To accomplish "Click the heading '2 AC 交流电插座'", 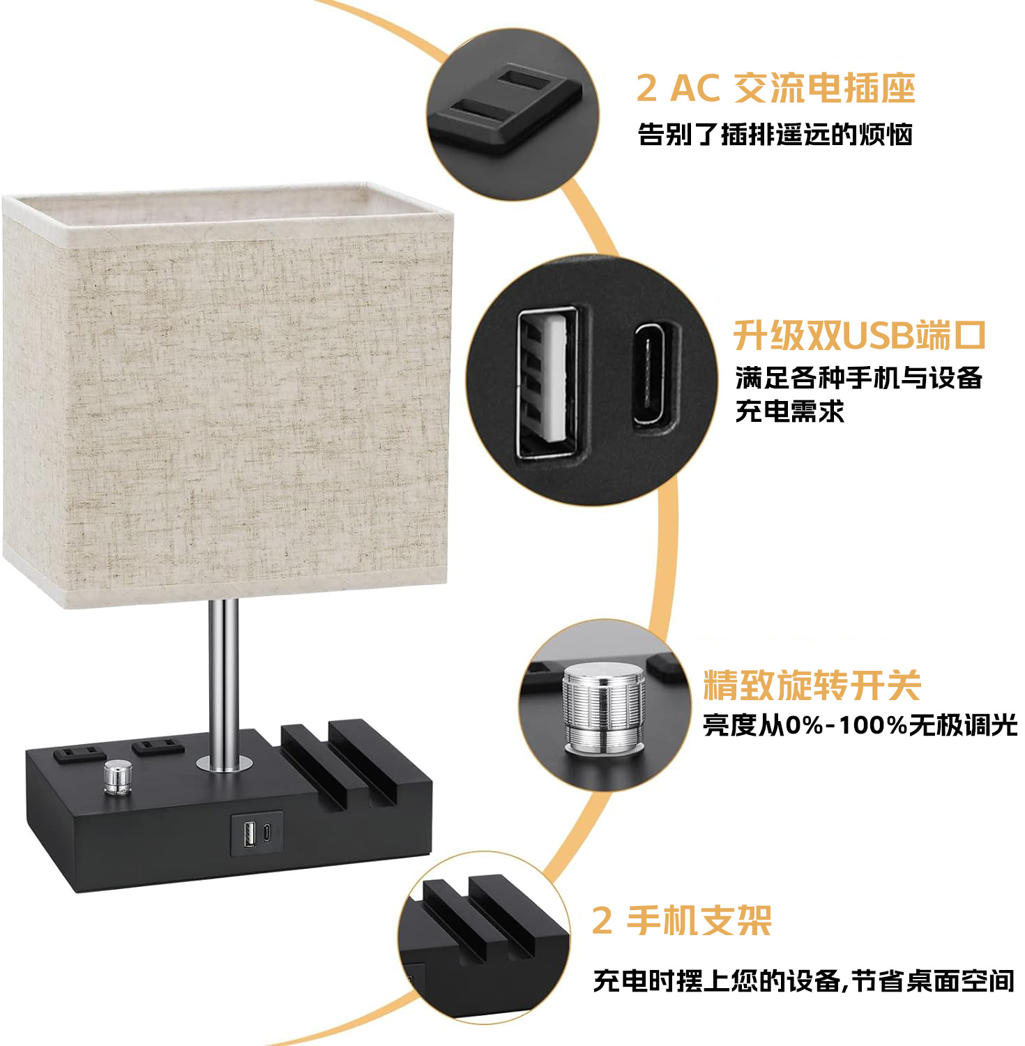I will [775, 89].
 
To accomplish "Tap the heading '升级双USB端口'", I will [859, 336].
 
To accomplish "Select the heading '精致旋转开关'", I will [812, 685].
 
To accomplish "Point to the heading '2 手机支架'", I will [682, 921].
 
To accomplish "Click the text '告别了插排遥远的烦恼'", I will [775, 134].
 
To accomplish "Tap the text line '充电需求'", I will [790, 411].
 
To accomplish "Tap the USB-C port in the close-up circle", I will [655, 373].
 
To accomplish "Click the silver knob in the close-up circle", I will [604, 706].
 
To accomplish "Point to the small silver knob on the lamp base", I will [118, 777].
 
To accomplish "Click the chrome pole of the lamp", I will [223, 683].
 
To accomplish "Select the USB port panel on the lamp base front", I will [257, 833].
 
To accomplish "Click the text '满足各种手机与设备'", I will [859, 378].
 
